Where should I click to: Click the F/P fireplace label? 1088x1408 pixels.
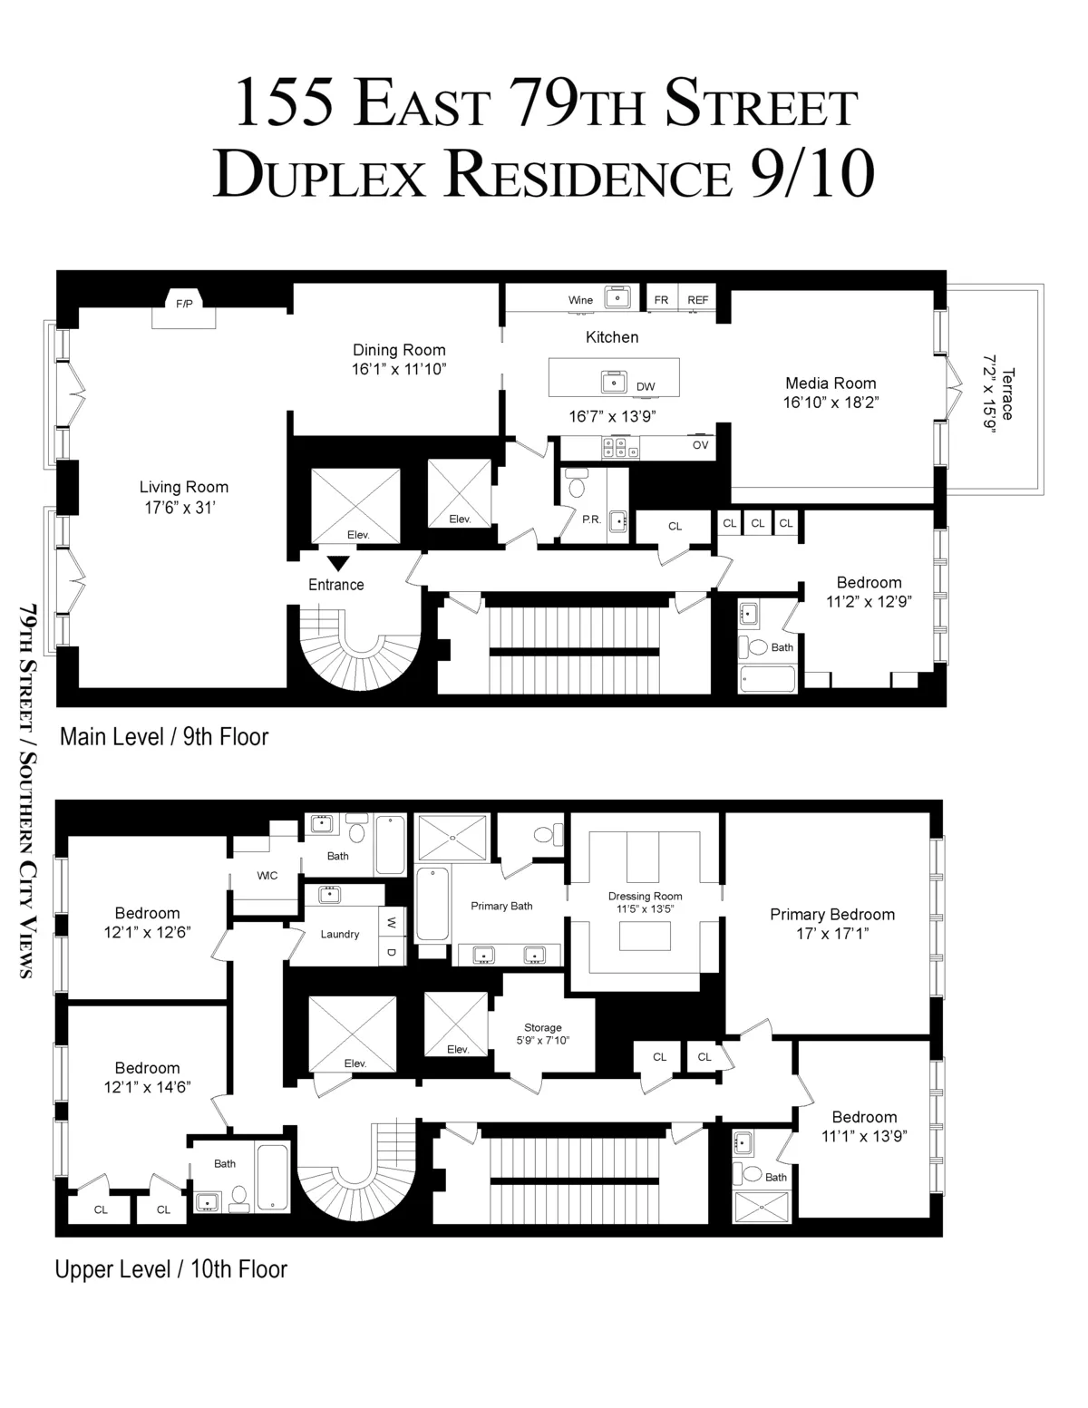(x=184, y=304)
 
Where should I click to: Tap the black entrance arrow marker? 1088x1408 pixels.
(x=337, y=563)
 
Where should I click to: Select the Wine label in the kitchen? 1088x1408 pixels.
(x=580, y=300)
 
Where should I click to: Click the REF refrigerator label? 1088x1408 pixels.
(x=697, y=300)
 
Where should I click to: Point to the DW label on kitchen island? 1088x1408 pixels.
(x=646, y=387)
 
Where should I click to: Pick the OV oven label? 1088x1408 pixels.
(x=701, y=445)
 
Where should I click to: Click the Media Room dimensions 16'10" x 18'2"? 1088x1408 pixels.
(x=831, y=402)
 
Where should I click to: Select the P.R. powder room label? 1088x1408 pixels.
(x=592, y=520)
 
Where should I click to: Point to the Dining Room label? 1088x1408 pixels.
(x=399, y=350)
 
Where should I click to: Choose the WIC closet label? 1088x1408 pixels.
(x=267, y=876)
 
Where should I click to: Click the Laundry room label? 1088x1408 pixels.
(x=340, y=935)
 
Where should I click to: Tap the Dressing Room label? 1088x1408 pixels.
(x=645, y=897)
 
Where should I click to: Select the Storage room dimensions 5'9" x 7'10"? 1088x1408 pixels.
(x=543, y=1041)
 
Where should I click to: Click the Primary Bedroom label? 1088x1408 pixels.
(x=832, y=915)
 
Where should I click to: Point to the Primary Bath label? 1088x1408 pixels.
(x=501, y=906)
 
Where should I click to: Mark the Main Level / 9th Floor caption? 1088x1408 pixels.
(x=164, y=736)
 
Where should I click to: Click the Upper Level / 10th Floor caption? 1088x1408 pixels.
(x=171, y=1269)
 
